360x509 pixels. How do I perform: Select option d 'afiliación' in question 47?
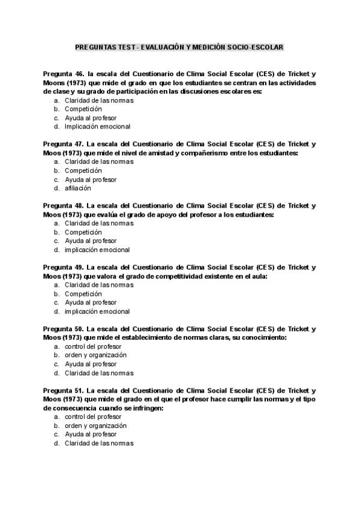pyautogui.click(x=78, y=188)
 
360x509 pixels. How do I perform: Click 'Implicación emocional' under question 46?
pyautogui.click(x=97, y=127)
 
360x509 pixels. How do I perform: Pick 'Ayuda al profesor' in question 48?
pyautogui.click(x=91, y=241)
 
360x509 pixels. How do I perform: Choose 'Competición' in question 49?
pyautogui.click(x=83, y=294)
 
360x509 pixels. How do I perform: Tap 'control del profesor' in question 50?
pyautogui.click(x=93, y=346)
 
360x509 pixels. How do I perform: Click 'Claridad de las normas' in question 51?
pyautogui.click(x=99, y=444)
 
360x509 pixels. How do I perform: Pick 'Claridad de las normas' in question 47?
pyautogui.click(x=99, y=161)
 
